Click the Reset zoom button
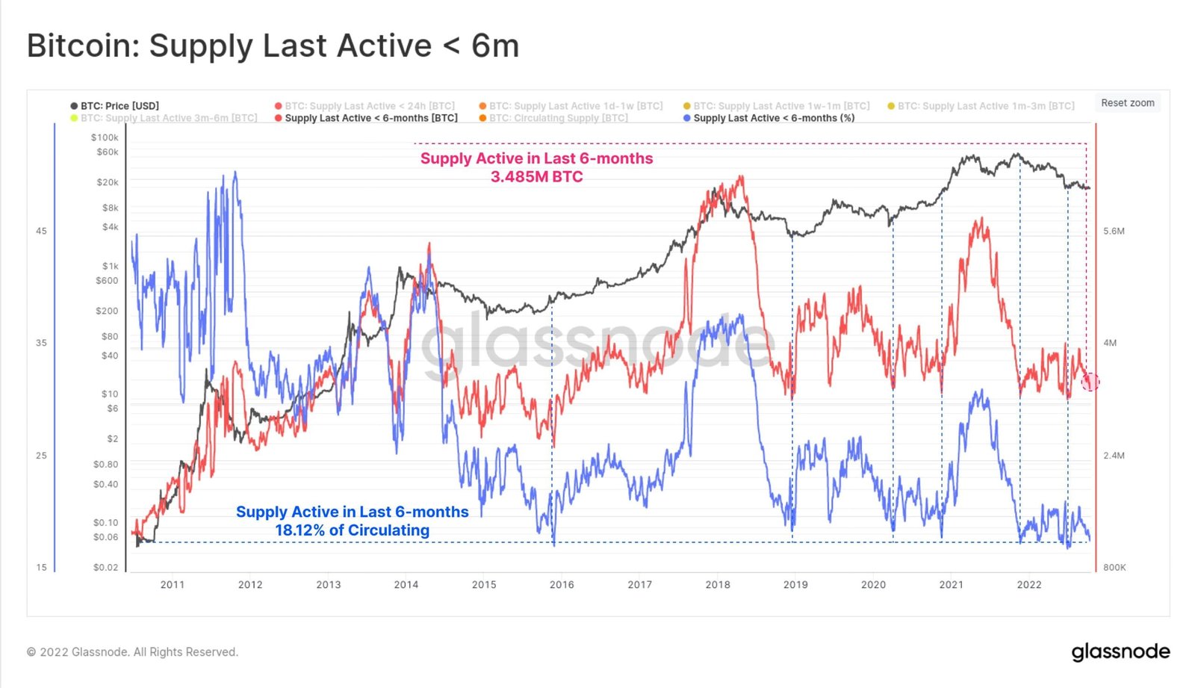coord(1127,103)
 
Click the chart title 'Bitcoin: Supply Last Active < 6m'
coord(273,46)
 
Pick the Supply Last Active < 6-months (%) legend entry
coord(773,118)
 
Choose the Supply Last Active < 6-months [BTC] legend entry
coord(370,118)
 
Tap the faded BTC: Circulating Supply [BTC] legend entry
coord(558,118)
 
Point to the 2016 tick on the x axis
coord(562,584)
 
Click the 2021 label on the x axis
coord(951,584)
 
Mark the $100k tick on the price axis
coord(105,137)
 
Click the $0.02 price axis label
coord(105,567)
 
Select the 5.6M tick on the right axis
coord(1114,231)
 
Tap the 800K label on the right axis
coord(1114,567)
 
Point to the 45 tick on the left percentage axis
coord(41,231)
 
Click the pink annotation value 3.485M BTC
coord(536,177)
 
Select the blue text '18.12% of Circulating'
coord(352,530)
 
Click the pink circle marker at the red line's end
coord(1090,382)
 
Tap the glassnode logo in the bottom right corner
coord(1120,651)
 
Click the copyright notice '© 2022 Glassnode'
coord(132,652)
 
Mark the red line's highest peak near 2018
coord(740,177)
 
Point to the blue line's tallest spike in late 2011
coord(235,173)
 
